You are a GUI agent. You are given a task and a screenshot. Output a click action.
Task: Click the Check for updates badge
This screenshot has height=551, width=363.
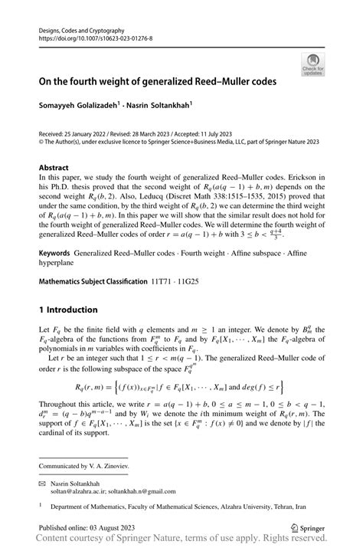click(x=312, y=64)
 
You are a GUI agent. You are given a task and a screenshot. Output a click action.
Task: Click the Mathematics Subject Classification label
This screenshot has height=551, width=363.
click(x=92, y=281)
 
